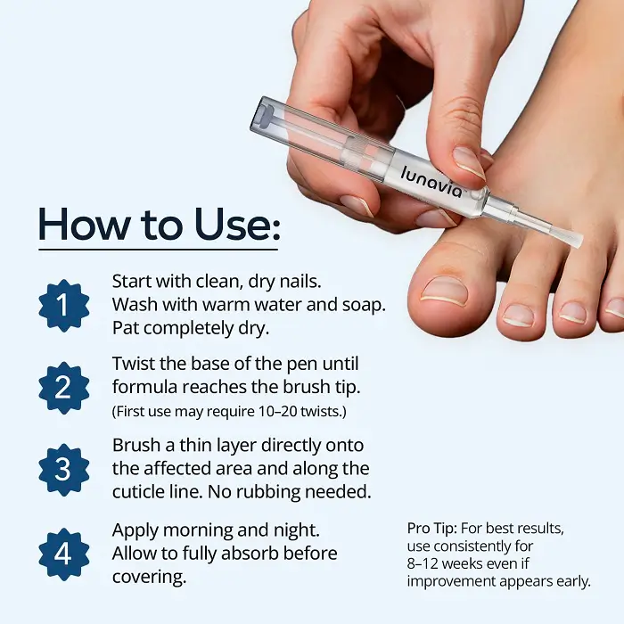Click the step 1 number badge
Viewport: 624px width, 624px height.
63,306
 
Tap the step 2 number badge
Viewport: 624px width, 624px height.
63,388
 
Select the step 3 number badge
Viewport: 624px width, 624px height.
63,470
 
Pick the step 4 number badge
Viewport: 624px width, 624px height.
63,554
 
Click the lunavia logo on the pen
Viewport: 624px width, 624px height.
431,182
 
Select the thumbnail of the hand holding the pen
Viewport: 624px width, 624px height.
470,162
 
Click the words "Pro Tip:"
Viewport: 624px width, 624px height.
431,529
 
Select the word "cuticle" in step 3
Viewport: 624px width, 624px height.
137,492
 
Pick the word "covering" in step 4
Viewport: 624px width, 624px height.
148,578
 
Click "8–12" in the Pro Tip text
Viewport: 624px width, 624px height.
422,564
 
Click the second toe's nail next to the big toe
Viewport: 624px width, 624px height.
518,316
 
